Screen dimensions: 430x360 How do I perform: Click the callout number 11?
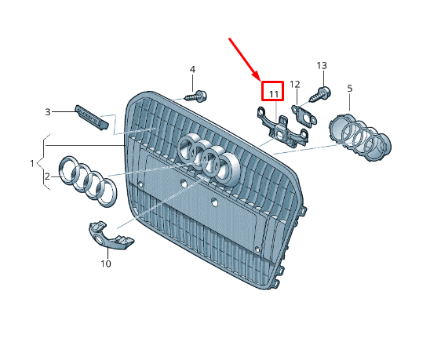point(274,94)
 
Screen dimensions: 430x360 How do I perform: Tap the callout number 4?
point(192,70)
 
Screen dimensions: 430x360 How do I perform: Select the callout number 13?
point(322,66)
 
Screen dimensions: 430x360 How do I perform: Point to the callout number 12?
point(295,85)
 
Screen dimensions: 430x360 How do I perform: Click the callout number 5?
point(350,89)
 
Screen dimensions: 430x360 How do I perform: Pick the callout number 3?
point(48,112)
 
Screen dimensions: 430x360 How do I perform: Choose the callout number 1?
point(32,164)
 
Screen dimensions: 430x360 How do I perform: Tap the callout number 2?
point(47,176)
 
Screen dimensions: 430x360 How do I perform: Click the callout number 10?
point(106,264)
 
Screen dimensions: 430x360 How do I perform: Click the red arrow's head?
point(256,77)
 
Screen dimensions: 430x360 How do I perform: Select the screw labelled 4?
point(197,97)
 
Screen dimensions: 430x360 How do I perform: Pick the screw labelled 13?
point(320,95)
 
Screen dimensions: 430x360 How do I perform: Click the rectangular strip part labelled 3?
point(92,118)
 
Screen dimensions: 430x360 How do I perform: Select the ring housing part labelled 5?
point(360,138)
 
